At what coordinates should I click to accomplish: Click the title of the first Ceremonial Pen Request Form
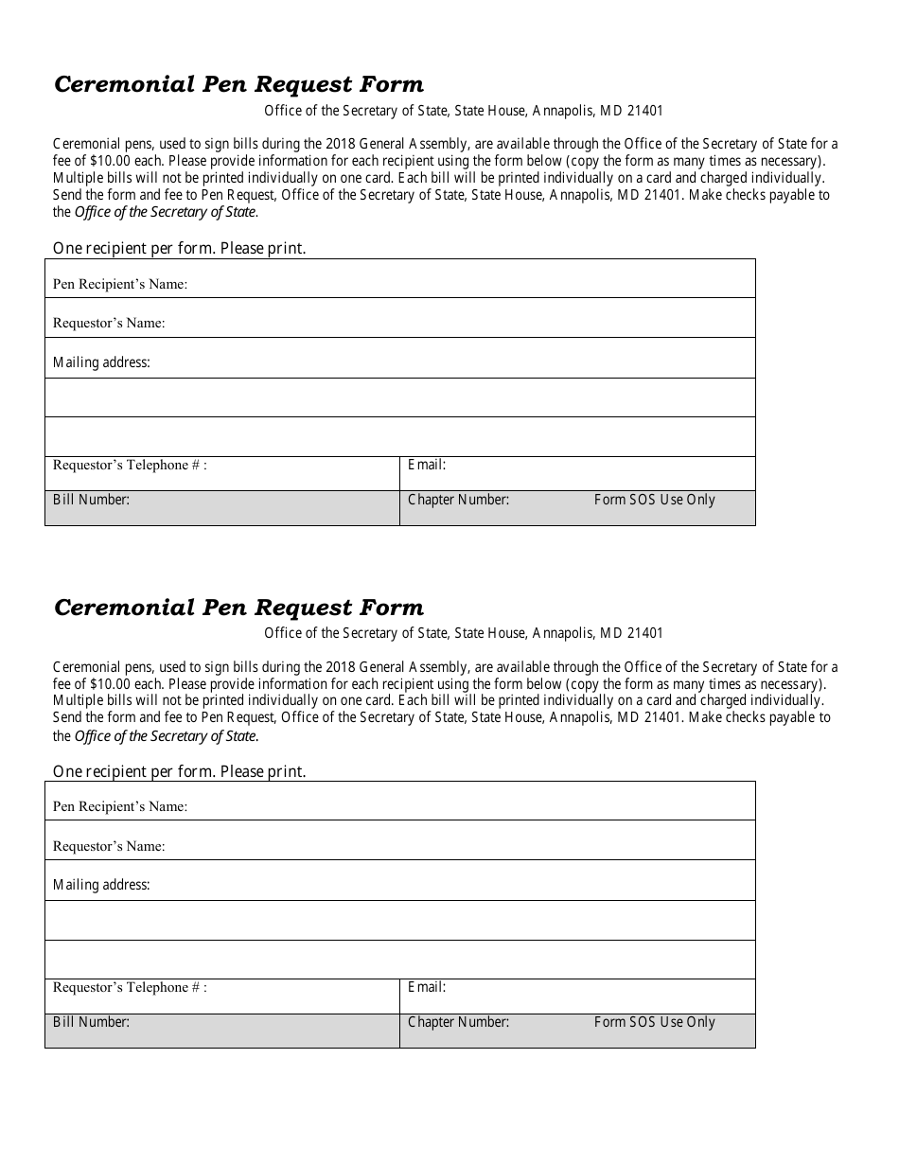click(238, 85)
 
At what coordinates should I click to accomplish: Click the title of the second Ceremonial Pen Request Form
click(238, 608)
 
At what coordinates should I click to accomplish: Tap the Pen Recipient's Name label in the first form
click(120, 284)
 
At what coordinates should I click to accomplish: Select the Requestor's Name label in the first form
click(109, 323)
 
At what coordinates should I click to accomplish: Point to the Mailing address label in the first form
click(101, 362)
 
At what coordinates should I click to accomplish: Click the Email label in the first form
click(426, 465)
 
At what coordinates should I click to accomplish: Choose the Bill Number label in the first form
click(91, 499)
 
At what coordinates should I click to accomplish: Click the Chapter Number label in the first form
click(458, 500)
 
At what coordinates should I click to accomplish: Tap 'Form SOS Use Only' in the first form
click(654, 500)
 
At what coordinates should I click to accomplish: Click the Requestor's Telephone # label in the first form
click(130, 465)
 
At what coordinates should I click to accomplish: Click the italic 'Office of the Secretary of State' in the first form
click(167, 212)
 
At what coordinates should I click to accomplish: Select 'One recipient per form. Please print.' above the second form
click(179, 771)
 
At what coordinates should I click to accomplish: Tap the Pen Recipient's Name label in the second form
click(120, 806)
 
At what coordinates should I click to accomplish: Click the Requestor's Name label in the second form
click(109, 846)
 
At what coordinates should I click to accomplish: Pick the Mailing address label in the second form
click(101, 885)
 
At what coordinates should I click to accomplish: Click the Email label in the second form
click(426, 987)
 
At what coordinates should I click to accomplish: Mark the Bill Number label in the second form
click(91, 1021)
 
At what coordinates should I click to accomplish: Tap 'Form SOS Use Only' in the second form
click(654, 1022)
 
